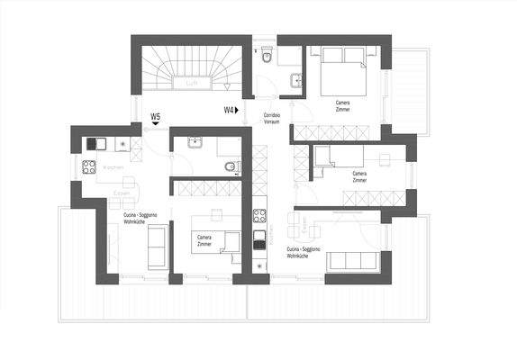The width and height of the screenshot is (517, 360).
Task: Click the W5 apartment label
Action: (x=156, y=117)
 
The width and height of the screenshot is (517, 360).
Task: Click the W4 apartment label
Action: (x=229, y=110)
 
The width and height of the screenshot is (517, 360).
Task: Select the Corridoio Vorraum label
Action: (x=274, y=119)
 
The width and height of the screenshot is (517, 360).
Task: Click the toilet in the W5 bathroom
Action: (x=231, y=166)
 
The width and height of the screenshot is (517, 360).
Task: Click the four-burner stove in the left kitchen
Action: (x=89, y=166)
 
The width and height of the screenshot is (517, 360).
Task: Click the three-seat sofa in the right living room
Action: (x=354, y=261)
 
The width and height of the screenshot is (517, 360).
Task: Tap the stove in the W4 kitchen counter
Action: (x=259, y=216)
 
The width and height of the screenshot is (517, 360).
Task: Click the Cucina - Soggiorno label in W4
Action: (x=300, y=252)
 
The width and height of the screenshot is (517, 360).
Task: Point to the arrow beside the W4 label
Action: (x=241, y=110)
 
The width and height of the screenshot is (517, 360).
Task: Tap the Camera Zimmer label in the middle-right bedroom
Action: (x=359, y=176)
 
